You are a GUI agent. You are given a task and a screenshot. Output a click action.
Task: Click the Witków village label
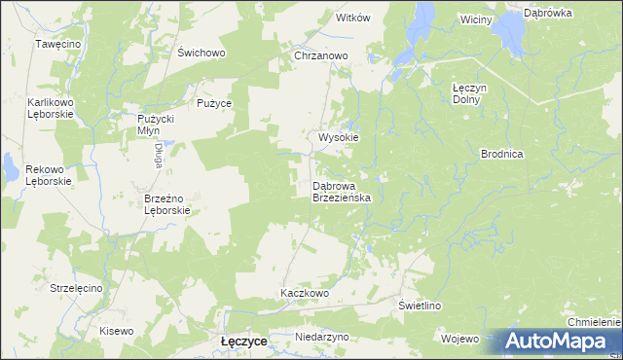(x=353, y=18)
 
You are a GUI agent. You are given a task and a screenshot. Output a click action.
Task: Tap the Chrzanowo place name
(x=321, y=56)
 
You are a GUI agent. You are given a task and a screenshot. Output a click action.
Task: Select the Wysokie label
(x=339, y=137)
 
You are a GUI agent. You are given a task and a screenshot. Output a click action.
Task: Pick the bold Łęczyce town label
(x=245, y=342)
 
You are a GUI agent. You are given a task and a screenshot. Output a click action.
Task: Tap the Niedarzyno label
(x=322, y=337)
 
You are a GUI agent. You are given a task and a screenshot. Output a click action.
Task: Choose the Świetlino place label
(x=421, y=306)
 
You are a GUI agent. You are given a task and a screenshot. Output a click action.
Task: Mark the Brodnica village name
(x=503, y=154)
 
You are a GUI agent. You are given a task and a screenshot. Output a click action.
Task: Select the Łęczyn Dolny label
(x=471, y=92)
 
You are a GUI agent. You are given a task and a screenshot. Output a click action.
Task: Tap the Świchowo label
(x=202, y=53)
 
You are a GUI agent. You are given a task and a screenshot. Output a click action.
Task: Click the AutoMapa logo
(x=558, y=342)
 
